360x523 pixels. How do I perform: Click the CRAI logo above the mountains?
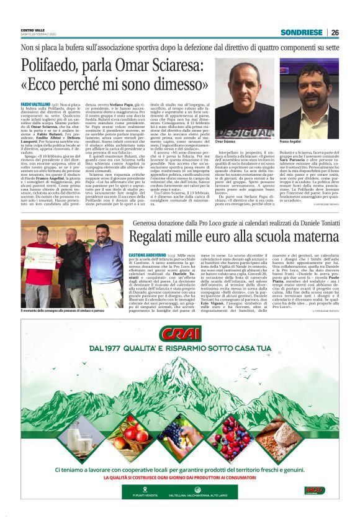(x=180, y=335)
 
